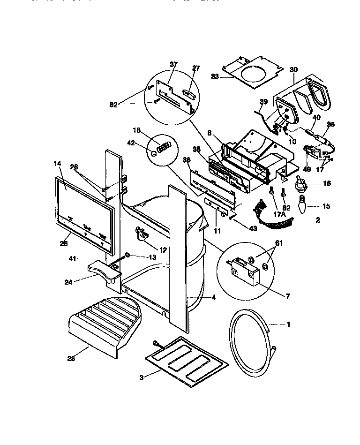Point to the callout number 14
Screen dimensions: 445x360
pyautogui.click(x=57, y=163)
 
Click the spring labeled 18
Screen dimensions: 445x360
pyautogui.click(x=163, y=148)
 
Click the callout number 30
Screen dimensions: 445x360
pyautogui.click(x=293, y=70)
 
